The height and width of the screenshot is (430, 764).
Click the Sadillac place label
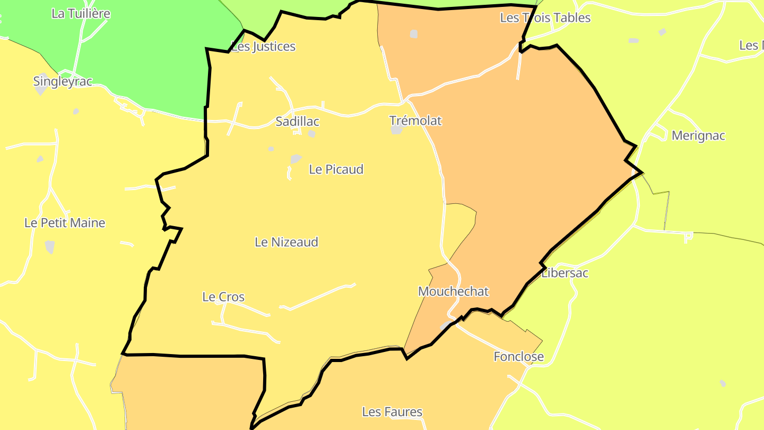(x=297, y=122)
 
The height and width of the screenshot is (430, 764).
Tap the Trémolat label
(x=415, y=121)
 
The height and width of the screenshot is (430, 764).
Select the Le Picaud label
(x=336, y=169)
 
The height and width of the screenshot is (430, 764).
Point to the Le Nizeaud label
(x=286, y=242)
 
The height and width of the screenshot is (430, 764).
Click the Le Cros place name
(x=223, y=297)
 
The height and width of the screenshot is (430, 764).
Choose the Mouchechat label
(x=453, y=291)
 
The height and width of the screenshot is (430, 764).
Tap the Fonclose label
(x=518, y=357)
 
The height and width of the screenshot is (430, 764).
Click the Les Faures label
(x=392, y=411)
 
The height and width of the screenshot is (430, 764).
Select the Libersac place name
(x=565, y=273)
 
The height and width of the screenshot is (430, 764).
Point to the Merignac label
(x=698, y=135)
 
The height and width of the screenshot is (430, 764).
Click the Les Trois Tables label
(x=545, y=18)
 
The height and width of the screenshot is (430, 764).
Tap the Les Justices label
(x=264, y=47)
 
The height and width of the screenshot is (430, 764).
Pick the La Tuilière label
(x=81, y=14)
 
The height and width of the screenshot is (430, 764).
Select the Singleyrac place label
(x=63, y=82)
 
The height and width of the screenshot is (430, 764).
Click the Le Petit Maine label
(x=65, y=223)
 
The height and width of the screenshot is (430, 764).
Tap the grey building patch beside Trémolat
(x=396, y=130)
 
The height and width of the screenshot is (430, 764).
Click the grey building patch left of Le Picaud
(x=296, y=159)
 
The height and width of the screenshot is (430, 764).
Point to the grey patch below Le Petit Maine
(x=50, y=246)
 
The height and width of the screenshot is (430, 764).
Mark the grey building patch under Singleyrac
(x=41, y=91)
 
